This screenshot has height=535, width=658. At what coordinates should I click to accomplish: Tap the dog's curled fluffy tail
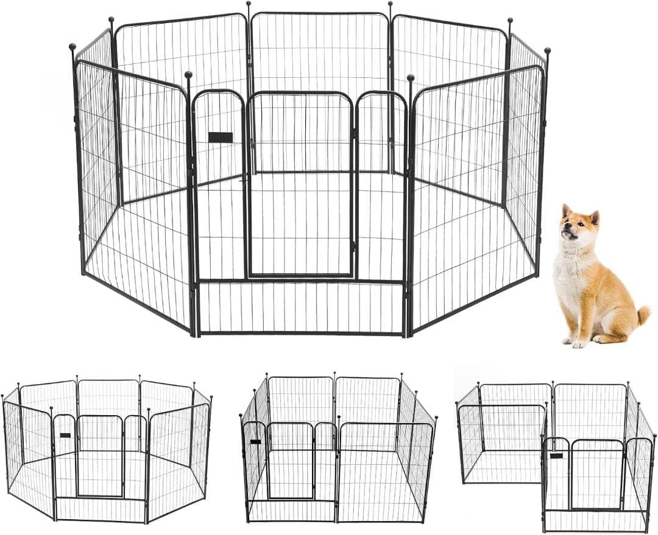(x=643, y=315)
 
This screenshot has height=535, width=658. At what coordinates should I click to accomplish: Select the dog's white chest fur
(x=570, y=274)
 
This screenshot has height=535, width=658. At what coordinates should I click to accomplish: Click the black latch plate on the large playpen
(x=220, y=137)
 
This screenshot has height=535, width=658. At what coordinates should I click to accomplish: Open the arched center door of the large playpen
(x=301, y=186)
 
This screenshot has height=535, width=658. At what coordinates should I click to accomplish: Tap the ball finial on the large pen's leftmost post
(x=73, y=47)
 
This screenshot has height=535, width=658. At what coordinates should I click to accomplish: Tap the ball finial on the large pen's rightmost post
(x=547, y=51)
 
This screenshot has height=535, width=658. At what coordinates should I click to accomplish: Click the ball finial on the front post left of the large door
(x=188, y=75)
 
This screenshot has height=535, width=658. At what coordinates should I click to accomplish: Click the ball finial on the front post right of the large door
(x=411, y=78)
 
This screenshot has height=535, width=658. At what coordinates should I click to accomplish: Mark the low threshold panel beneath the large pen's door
(x=301, y=307)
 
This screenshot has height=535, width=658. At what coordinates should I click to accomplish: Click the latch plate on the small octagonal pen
(x=65, y=435)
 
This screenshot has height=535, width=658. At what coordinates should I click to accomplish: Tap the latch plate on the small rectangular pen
(x=255, y=441)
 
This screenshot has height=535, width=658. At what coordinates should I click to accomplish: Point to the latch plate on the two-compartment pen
(x=556, y=455)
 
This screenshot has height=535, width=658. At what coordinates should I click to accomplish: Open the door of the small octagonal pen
(x=100, y=456)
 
